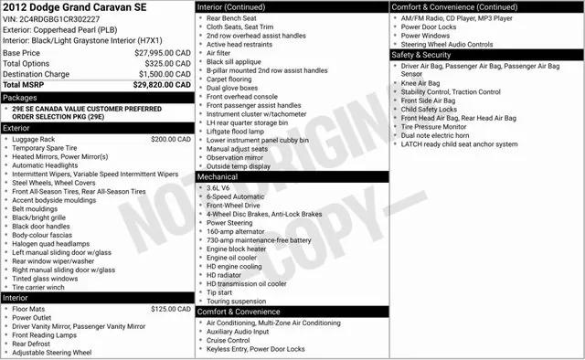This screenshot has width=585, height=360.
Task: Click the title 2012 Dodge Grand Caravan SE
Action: coord(73,8)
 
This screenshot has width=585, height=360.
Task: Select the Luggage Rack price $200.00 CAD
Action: coord(171,140)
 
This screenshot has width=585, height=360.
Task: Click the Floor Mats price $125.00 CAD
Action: coord(171,310)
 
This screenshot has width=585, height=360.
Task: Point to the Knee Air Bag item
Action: coord(420,83)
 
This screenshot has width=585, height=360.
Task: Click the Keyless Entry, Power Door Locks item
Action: coord(256,349)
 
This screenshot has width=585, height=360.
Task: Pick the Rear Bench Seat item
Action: coord(231,18)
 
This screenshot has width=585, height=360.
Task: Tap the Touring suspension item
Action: coord(237,301)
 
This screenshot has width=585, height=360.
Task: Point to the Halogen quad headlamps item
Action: coord(51,243)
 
